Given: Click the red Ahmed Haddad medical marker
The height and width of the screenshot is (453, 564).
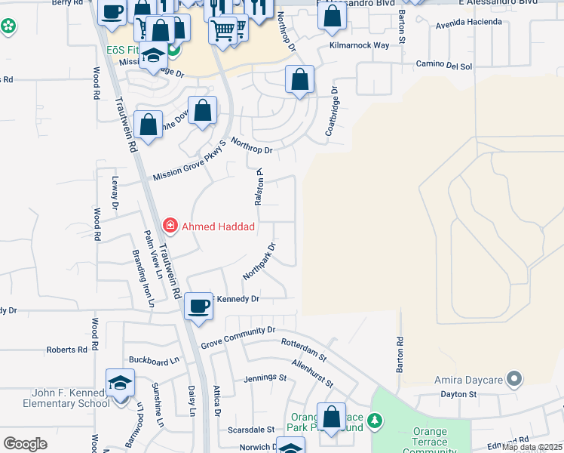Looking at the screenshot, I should coord(170,225).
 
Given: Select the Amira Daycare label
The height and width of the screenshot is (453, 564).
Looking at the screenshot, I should coord(467,379).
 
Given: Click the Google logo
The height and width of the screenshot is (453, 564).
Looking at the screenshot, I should coord(25,444).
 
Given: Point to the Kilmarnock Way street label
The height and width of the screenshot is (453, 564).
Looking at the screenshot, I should coord(359,45).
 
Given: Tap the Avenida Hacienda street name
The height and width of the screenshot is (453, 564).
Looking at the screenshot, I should coord(469,22).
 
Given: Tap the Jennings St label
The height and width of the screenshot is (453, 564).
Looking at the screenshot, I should coord(265,377).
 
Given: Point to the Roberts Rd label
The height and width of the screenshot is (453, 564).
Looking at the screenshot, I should coord(67,350).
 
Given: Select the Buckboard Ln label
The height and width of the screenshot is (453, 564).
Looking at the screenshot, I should coord(155,361).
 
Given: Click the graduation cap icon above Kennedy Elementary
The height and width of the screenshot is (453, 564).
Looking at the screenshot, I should coord(120,383).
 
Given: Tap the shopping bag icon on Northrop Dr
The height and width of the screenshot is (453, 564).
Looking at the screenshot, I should coord(299,79).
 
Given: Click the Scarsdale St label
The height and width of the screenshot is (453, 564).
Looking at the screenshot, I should coord(251,429).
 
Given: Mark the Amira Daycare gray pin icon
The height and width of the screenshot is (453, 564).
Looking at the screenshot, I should coord(514,379).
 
